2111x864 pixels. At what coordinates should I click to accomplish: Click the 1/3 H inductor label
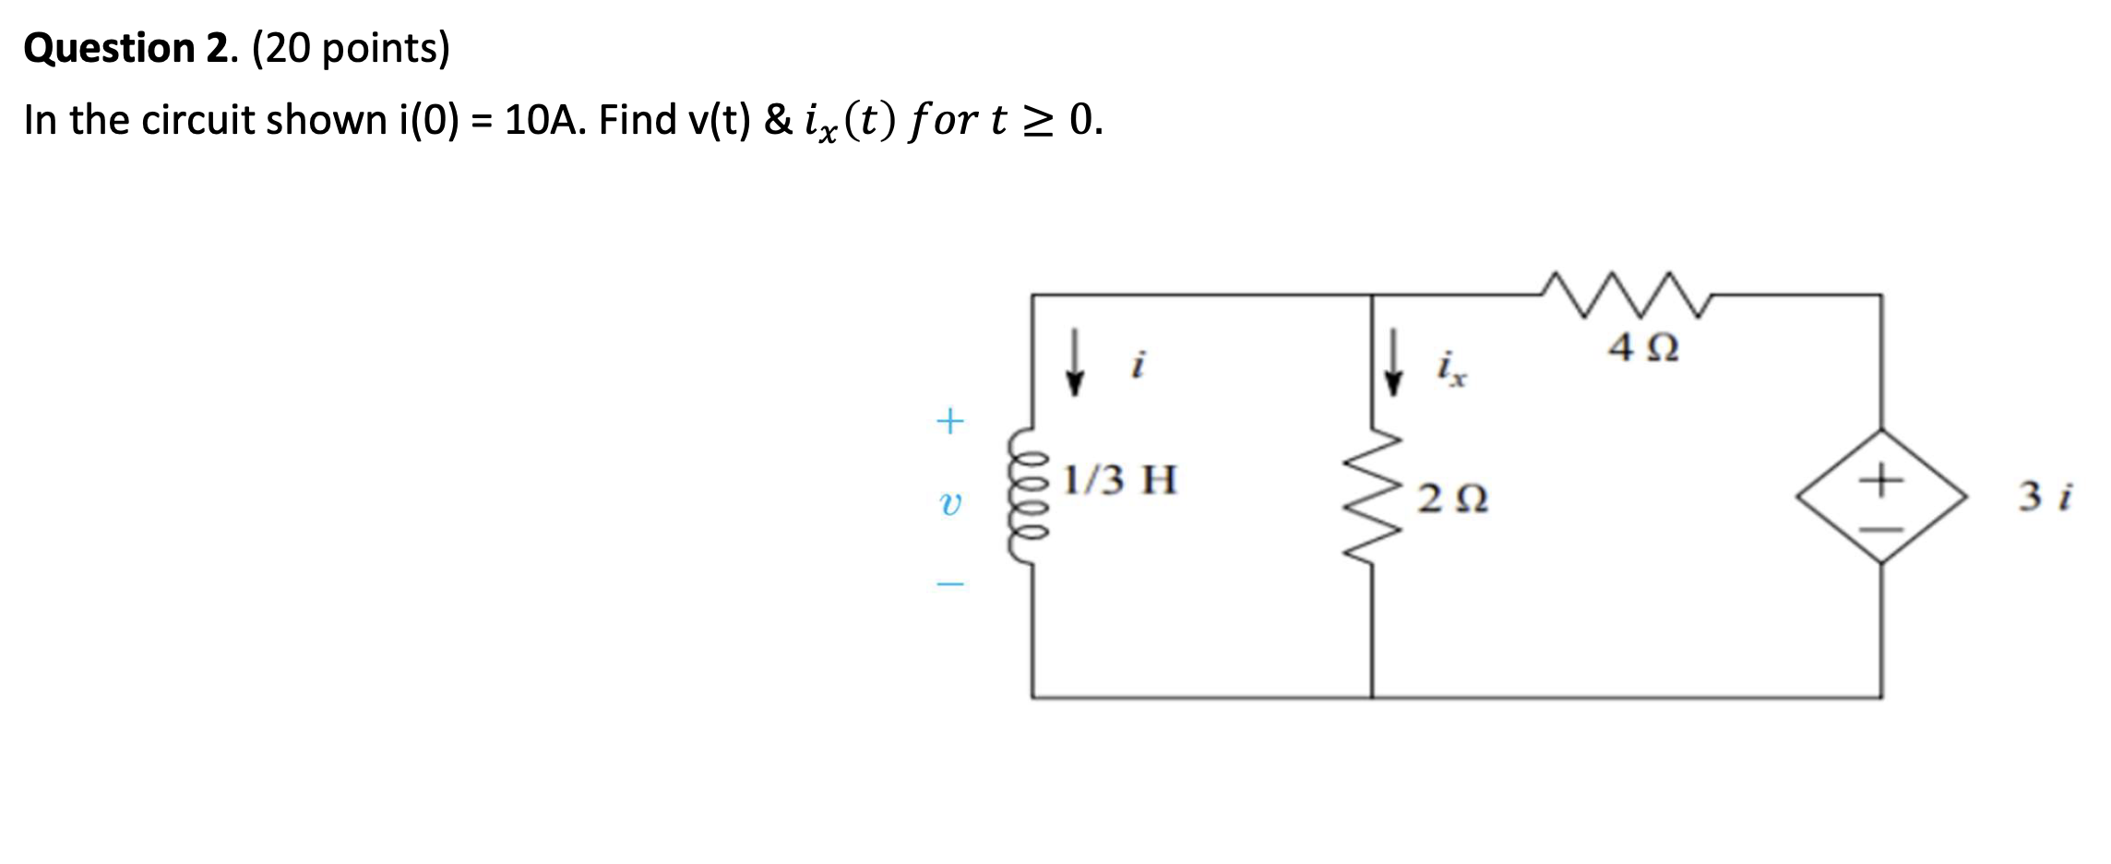pyautogui.click(x=1119, y=480)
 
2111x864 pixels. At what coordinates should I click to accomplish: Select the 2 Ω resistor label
pyautogui.click(x=1452, y=498)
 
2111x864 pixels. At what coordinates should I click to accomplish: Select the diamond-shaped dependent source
pyautogui.click(x=1881, y=497)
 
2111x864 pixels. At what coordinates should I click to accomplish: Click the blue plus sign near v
pyautogui.click(x=949, y=422)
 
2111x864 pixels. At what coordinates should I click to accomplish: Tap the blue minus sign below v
pyautogui.click(x=949, y=583)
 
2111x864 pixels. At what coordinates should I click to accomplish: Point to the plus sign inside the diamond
pyautogui.click(x=1881, y=479)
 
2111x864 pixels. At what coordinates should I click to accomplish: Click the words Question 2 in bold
pyautogui.click(x=130, y=48)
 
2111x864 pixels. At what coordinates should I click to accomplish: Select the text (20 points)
pyautogui.click(x=351, y=48)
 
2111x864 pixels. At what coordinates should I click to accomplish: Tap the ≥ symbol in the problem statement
pyautogui.click(x=1037, y=120)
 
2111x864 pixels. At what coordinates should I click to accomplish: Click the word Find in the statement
pyautogui.click(x=638, y=120)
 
